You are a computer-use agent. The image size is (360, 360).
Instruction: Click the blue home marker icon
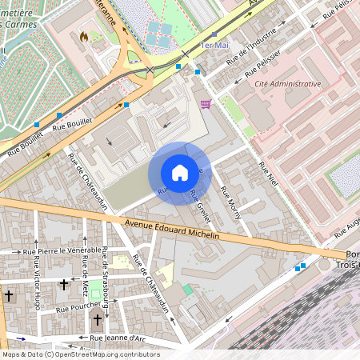[180, 173]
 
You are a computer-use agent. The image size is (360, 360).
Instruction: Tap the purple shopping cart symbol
[206, 103]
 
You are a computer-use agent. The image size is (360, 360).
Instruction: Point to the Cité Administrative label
[287, 84]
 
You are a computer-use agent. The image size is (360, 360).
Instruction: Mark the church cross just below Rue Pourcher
[98, 320]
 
